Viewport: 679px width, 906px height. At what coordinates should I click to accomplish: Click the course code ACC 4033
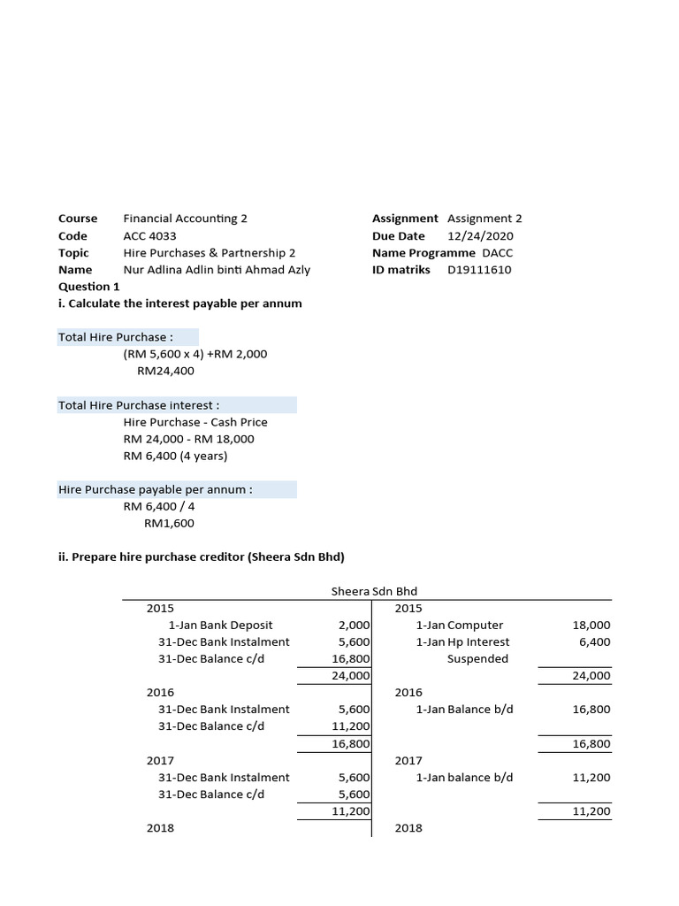pos(149,235)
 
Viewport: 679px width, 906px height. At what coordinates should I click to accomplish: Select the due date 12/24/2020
pos(479,235)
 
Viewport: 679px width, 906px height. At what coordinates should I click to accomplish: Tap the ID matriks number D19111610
pos(479,270)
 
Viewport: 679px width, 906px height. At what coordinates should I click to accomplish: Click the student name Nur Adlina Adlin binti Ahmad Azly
pos(217,270)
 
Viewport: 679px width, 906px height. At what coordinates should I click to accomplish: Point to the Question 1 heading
pos(88,287)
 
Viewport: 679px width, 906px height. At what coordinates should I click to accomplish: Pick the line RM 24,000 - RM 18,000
pos(188,439)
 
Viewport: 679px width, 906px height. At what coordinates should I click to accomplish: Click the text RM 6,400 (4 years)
pos(175,456)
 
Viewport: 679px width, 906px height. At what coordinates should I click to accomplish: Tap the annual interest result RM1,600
pos(169,523)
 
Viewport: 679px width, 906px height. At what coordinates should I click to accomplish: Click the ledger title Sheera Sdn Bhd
pos(374,590)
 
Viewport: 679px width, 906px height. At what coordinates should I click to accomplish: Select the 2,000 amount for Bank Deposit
pos(353,625)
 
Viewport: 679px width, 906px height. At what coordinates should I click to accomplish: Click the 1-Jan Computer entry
pos(460,625)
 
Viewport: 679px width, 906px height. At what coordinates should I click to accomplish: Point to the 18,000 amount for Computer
pos(591,625)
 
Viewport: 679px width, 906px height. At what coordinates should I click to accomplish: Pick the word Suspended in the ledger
pos(477,658)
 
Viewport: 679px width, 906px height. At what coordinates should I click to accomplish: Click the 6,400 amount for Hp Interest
pos(594,641)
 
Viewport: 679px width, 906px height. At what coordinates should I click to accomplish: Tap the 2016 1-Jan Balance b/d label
pos(464,709)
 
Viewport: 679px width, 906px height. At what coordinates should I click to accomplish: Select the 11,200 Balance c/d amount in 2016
pos(350,726)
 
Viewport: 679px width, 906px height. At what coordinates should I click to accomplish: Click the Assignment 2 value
pos(484,218)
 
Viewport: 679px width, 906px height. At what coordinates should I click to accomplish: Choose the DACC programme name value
pos(497,252)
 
